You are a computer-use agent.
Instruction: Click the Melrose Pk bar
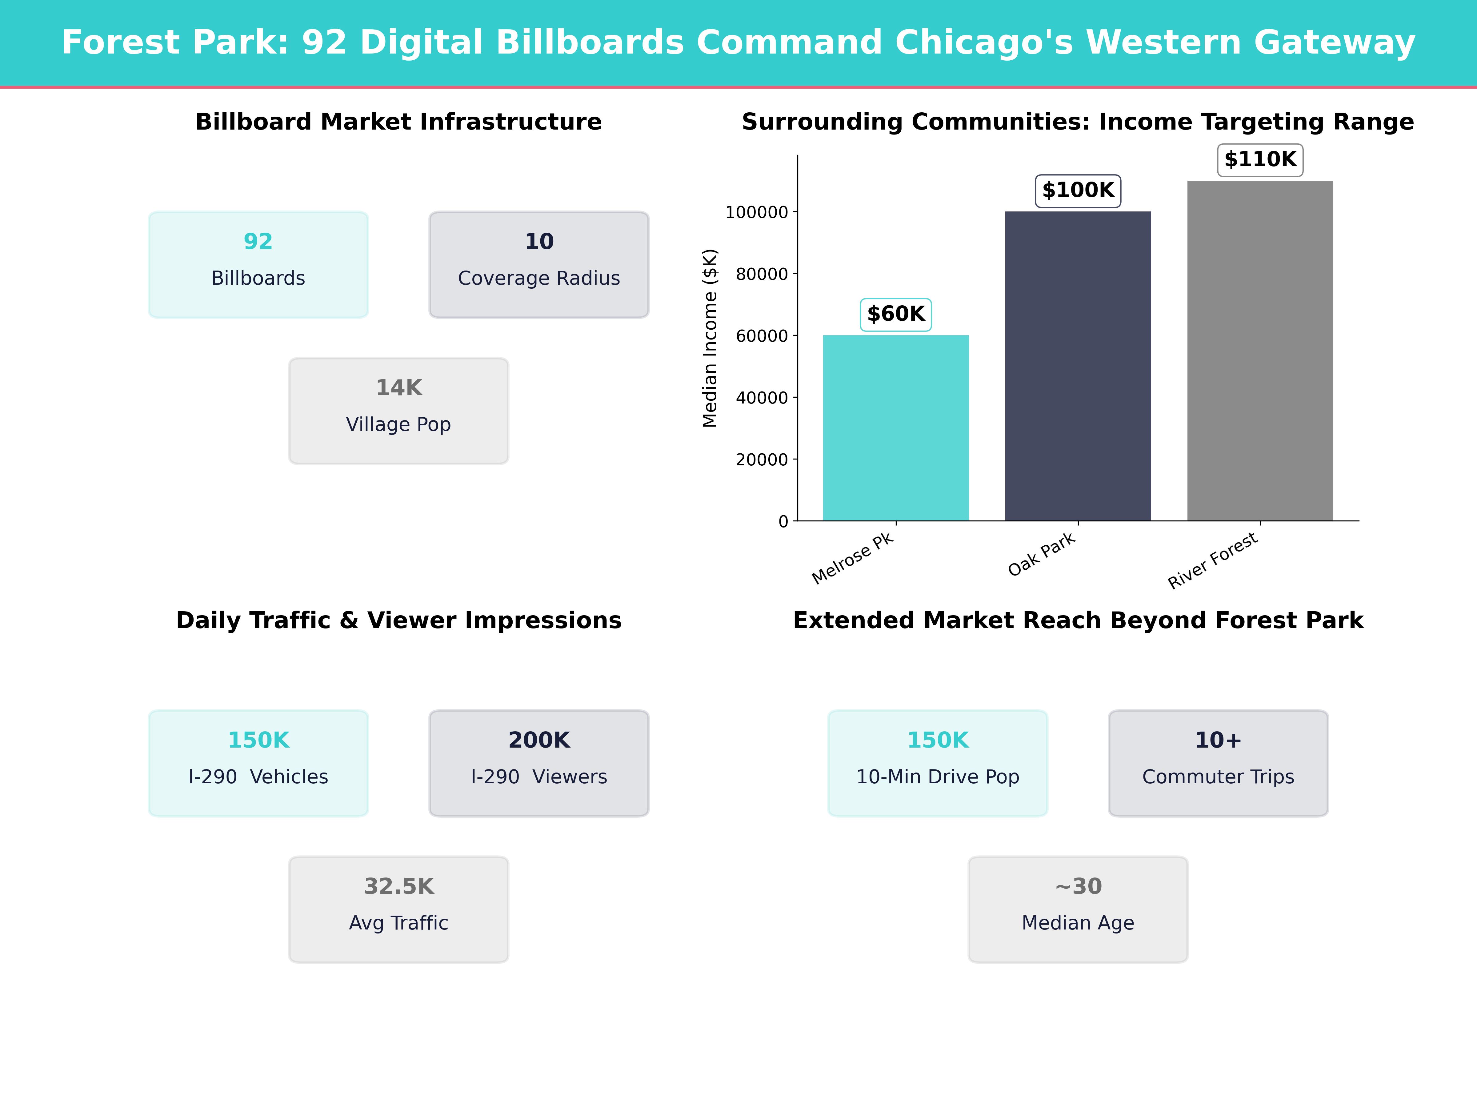(895, 428)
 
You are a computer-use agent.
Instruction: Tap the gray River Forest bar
(1260, 351)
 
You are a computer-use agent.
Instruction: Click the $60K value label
(895, 314)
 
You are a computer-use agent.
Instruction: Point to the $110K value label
(1260, 160)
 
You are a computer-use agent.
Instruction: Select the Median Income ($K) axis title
(710, 338)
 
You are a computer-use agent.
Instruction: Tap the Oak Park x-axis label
(1042, 554)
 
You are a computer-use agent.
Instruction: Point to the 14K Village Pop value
(398, 387)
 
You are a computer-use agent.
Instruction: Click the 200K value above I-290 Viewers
(539, 740)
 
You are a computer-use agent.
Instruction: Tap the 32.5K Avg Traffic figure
(398, 886)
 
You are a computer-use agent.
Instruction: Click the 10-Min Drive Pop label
(938, 777)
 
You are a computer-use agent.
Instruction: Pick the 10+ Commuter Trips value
(1218, 740)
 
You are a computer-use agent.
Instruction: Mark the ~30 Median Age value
(1078, 886)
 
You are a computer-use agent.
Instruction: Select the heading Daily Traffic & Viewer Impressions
(398, 620)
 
